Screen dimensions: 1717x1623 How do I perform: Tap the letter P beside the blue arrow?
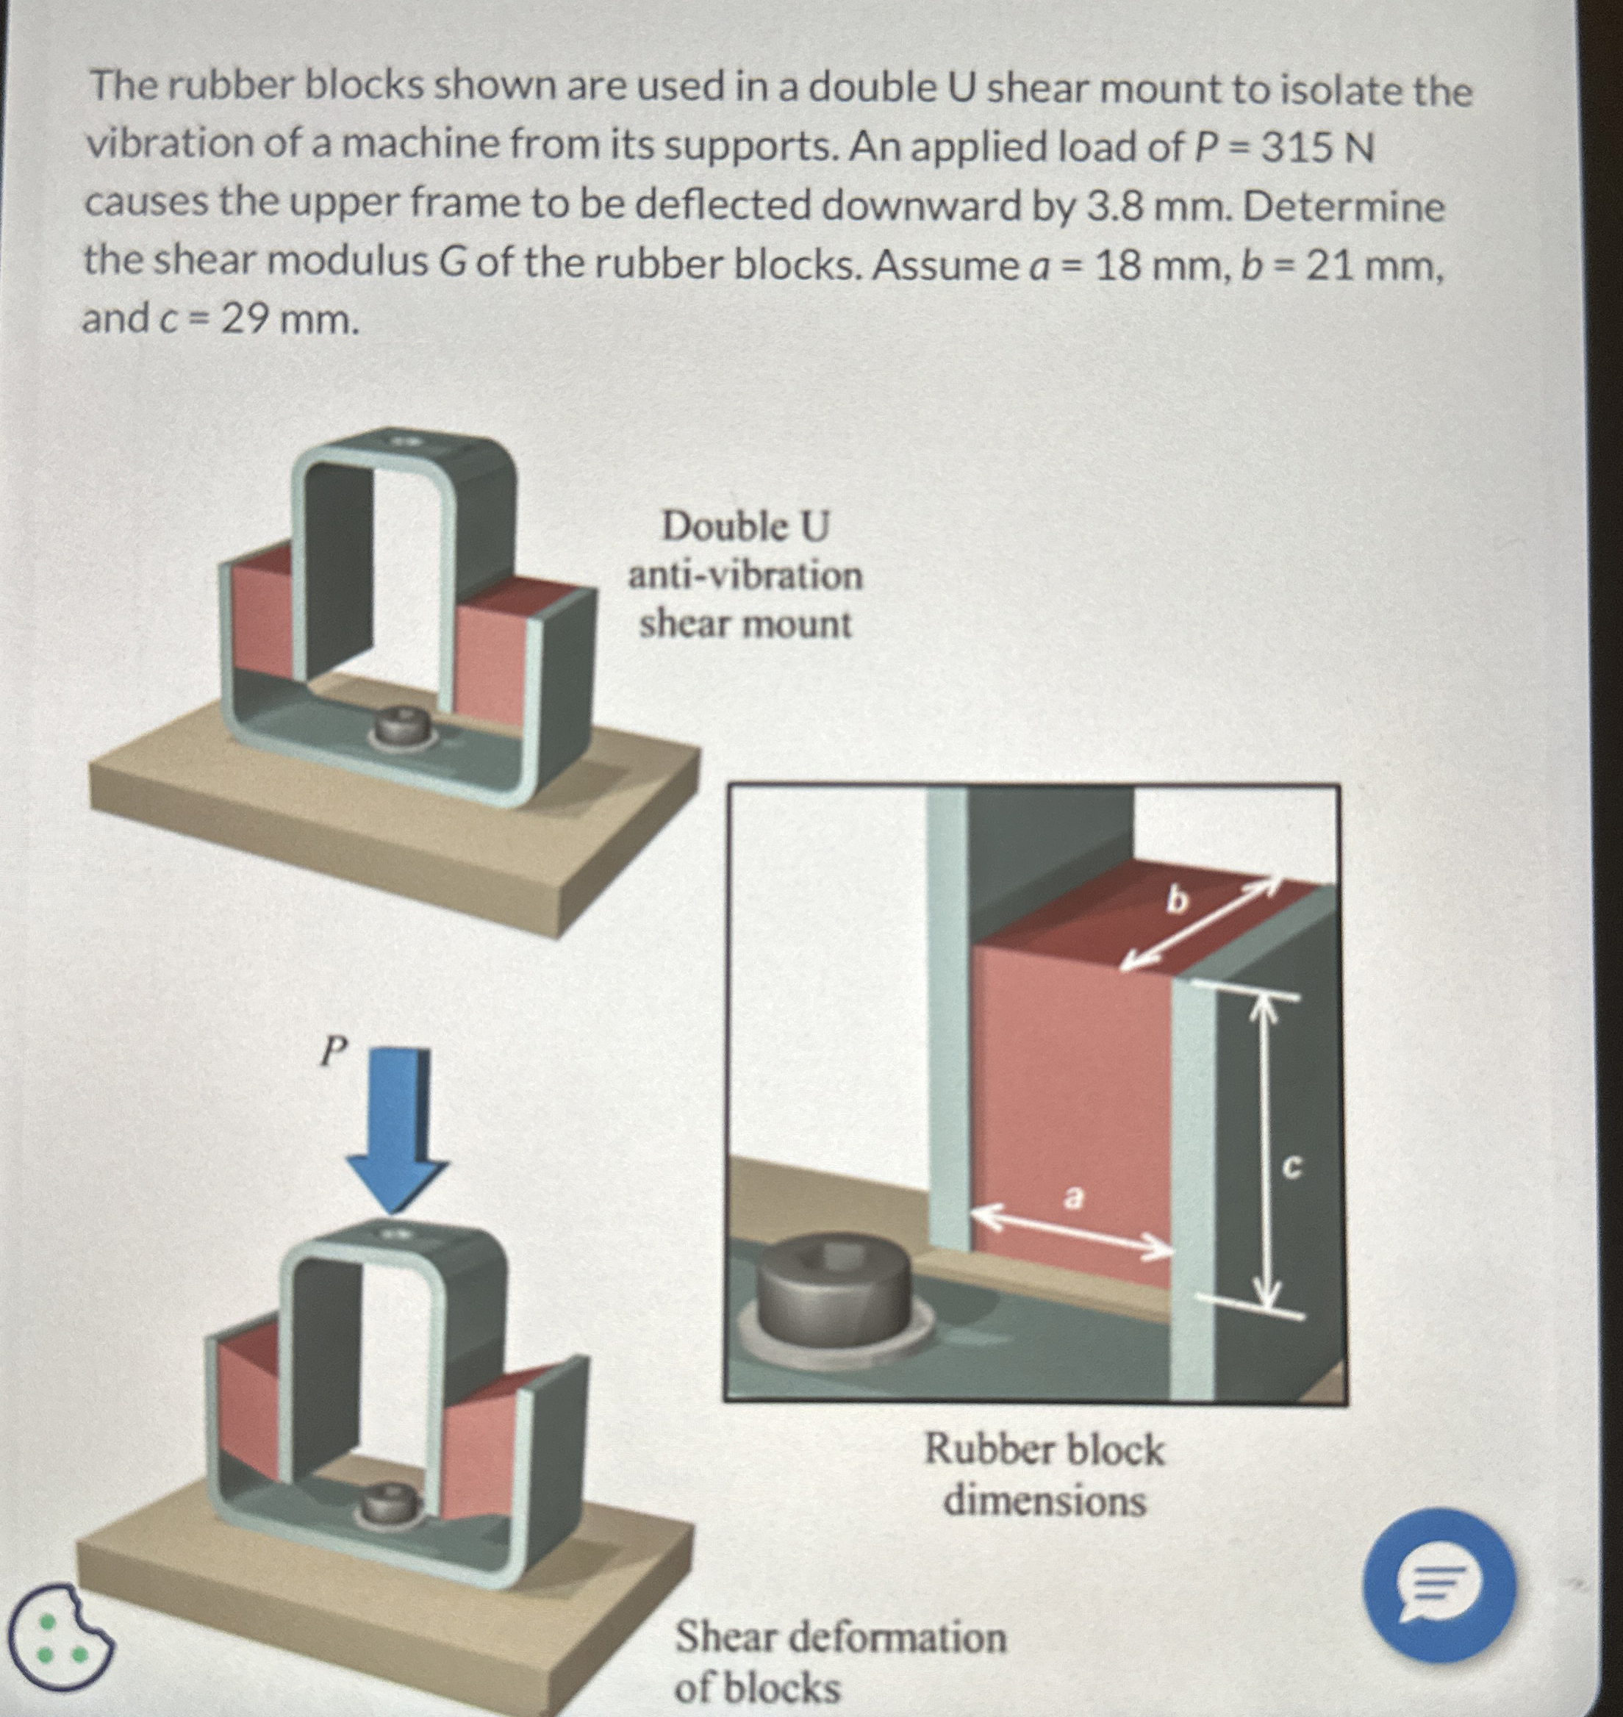[x=332, y=1051]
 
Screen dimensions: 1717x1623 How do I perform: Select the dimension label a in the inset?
[x=1072, y=1198]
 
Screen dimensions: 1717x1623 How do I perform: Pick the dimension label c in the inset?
[x=1290, y=1168]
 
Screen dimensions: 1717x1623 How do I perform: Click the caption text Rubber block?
[x=1045, y=1449]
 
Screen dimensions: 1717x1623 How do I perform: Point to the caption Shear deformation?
[x=840, y=1638]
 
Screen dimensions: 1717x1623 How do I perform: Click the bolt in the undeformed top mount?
[x=401, y=727]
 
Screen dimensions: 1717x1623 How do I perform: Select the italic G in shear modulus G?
[x=453, y=262]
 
